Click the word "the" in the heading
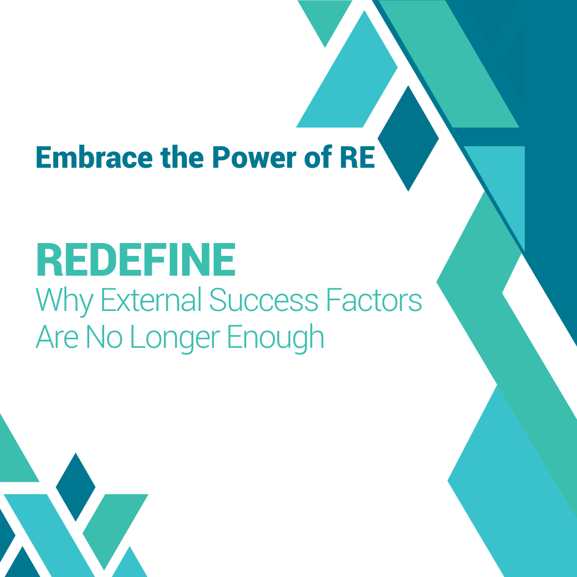182,157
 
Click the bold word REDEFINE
136,260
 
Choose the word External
152,299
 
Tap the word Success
264,300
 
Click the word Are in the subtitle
57,337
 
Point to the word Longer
176,339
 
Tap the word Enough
276,339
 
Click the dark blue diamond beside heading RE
408,138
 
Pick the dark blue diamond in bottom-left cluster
75,487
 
